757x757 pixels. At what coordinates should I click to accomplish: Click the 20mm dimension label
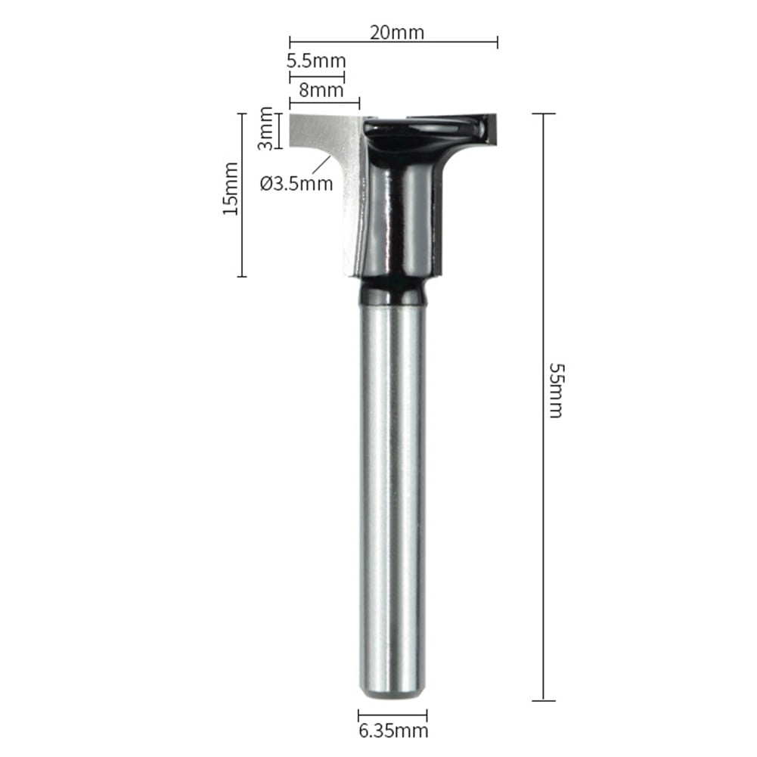tap(396, 32)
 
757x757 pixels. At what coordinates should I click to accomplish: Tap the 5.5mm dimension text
tap(316, 60)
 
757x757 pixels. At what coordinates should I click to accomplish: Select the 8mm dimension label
tap(321, 90)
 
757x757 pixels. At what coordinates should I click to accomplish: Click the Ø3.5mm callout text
tap(296, 182)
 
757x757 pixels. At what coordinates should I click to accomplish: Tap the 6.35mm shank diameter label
tap(393, 731)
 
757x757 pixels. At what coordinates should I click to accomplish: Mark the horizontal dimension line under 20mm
tap(393, 42)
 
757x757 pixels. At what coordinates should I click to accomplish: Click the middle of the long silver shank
tap(392, 492)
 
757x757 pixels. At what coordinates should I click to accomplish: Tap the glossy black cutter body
tap(401, 212)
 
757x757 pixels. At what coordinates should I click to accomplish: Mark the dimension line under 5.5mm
tap(316, 75)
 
